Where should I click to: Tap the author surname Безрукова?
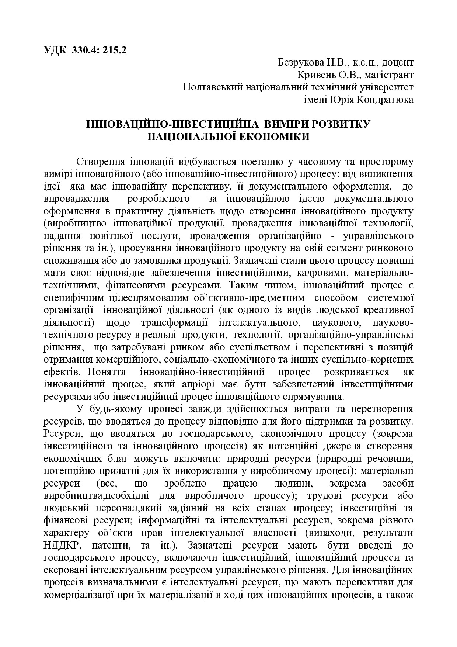[x=301, y=62]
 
